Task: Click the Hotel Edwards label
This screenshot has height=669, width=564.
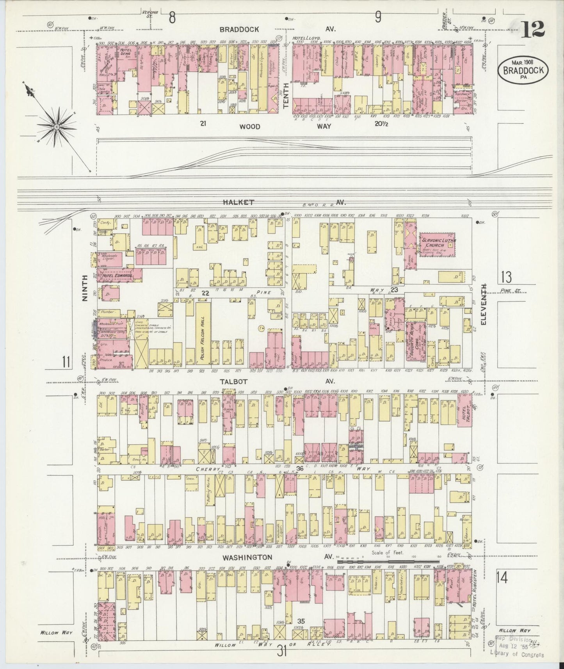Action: [117, 276]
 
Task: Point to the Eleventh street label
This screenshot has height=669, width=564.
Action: [484, 305]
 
